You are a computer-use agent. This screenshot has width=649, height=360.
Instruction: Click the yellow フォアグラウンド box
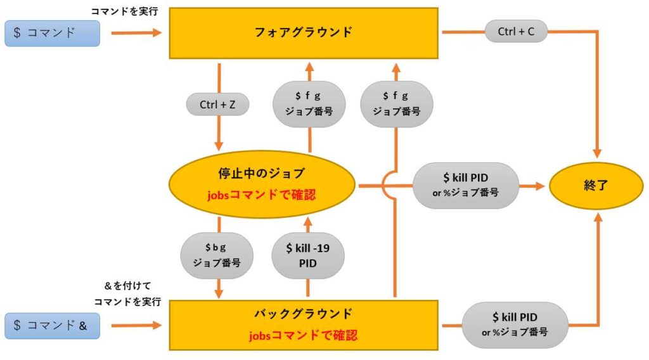tap(304, 32)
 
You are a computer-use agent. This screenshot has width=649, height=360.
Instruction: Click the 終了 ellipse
tap(596, 187)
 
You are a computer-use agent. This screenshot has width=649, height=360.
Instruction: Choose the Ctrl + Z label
tap(218, 105)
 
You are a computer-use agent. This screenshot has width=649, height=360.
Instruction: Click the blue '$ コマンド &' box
tap(52, 326)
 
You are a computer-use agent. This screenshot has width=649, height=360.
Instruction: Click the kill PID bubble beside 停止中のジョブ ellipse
tap(465, 186)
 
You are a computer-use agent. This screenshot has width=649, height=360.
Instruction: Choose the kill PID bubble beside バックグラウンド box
tap(515, 323)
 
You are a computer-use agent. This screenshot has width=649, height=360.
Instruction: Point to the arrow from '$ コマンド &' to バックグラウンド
tap(136, 326)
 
